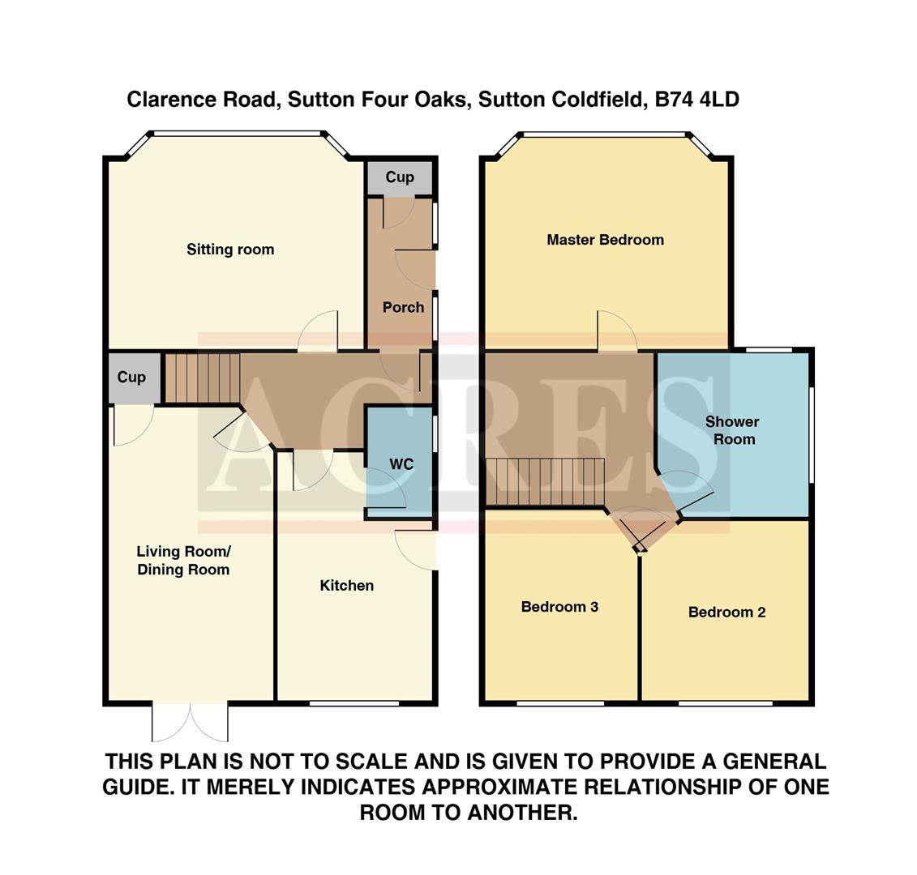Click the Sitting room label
click(x=230, y=250)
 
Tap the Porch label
click(x=403, y=308)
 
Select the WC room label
click(x=401, y=464)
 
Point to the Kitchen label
click(x=346, y=586)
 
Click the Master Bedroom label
click(x=605, y=240)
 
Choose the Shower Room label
click(x=731, y=430)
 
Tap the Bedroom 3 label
click(x=559, y=607)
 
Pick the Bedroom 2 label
click(x=726, y=612)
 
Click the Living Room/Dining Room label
click(x=183, y=561)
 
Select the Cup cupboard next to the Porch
click(x=399, y=177)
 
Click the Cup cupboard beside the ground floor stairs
click(x=131, y=378)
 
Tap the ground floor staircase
click(x=203, y=377)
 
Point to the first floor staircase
click(x=545, y=482)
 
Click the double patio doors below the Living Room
click(x=191, y=722)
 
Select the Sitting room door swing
click(x=318, y=332)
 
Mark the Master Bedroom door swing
click(x=617, y=331)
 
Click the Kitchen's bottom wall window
click(x=354, y=703)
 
